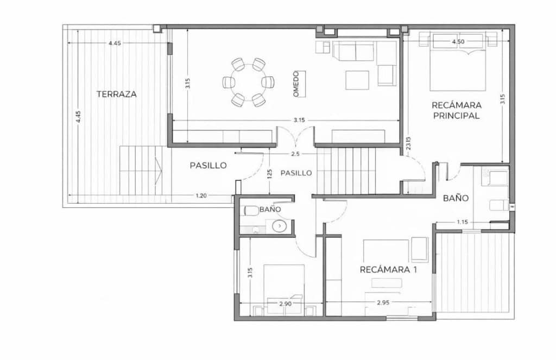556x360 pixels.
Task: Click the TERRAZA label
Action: [x=117, y=94]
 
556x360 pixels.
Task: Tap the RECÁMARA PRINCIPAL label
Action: [x=456, y=110]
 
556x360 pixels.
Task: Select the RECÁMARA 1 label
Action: [x=388, y=269]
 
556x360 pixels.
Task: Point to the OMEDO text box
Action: [x=296, y=84]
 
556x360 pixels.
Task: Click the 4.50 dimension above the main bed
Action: [x=458, y=42]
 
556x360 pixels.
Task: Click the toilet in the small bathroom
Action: [x=251, y=210]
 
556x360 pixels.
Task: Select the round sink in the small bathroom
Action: [x=279, y=225]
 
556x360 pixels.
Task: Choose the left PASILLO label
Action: [x=208, y=166]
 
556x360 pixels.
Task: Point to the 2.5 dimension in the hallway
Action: [x=295, y=154]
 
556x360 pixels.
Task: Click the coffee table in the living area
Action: [x=357, y=80]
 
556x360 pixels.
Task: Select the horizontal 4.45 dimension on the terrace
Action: [x=115, y=43]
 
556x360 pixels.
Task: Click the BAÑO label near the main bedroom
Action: [x=456, y=198]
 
